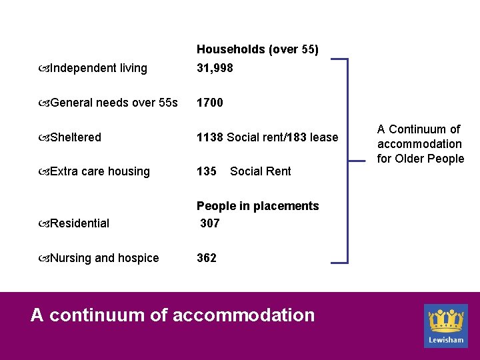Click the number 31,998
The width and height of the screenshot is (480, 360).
pos(215,68)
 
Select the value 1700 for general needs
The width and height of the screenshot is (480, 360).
pos(209,103)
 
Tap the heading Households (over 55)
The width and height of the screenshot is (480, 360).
pos(257,50)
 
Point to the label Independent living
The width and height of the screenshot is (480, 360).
pos(98,68)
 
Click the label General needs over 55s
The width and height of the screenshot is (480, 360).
pos(113,103)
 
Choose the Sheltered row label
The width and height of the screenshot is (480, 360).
pos(75,137)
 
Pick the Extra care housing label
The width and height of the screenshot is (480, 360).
pos(99,171)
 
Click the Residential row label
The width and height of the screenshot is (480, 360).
pos(79,223)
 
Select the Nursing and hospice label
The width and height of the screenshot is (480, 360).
pos(104,258)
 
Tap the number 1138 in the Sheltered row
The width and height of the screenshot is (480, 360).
pos(209,137)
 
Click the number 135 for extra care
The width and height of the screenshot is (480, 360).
pos(206,171)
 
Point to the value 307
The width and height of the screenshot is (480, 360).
pos(209,223)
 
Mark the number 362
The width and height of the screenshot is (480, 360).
pos(206,258)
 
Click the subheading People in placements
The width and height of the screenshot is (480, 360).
pos(257,206)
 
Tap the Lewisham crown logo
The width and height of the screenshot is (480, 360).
pos(446,321)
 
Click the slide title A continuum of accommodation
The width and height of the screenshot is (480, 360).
pos(173,315)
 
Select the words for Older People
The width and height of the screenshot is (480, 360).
pos(420,159)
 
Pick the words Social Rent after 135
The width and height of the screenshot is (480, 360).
pos(260,171)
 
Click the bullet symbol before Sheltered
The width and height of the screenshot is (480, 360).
pos(43,137)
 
